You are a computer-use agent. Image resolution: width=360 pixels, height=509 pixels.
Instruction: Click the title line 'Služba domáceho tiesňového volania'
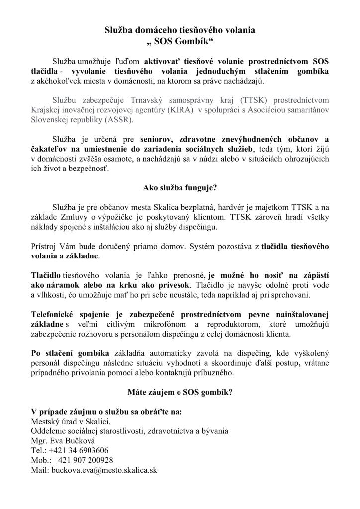tap(180, 30)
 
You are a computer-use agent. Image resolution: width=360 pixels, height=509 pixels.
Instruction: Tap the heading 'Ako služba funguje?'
tap(180, 187)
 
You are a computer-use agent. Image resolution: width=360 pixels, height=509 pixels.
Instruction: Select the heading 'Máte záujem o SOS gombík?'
tap(180, 391)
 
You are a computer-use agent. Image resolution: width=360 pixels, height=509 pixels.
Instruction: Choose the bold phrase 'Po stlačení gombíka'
tap(70, 353)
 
